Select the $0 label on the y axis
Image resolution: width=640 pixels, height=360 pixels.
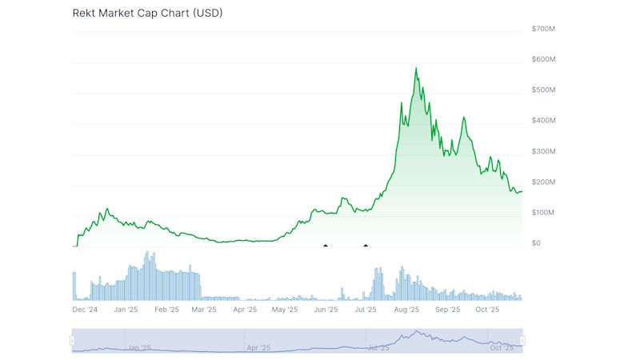(x=536, y=243)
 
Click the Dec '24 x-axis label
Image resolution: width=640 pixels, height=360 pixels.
(x=85, y=309)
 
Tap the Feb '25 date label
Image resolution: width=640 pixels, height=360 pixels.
(x=166, y=309)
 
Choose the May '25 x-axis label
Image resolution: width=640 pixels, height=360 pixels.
(x=285, y=309)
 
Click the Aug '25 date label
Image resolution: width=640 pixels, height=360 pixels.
(x=406, y=309)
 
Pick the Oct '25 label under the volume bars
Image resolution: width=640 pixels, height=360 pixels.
(x=487, y=309)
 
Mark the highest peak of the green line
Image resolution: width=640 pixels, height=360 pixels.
(x=416, y=69)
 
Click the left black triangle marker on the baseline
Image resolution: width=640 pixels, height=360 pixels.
(x=325, y=245)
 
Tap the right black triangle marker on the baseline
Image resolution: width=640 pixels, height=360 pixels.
(x=366, y=245)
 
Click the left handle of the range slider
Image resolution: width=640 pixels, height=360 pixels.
(x=72, y=341)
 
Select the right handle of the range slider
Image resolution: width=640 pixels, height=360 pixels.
(x=522, y=341)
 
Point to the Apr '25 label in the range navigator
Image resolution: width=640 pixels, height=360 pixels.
(x=258, y=348)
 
